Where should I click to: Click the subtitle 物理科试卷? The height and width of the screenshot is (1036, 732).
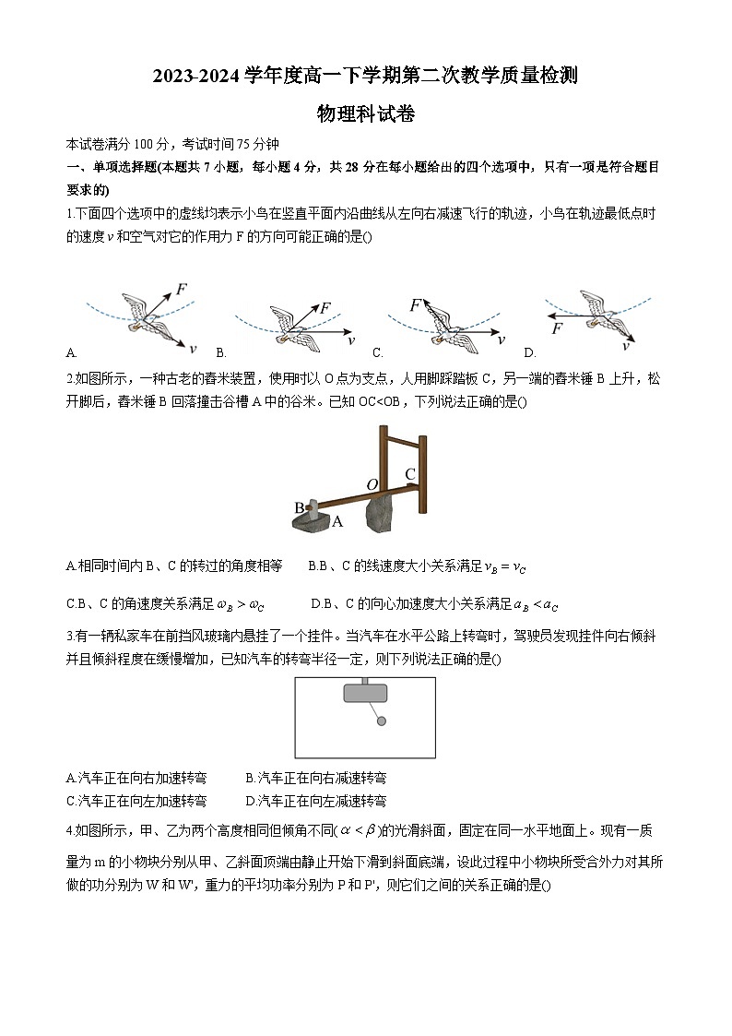[366, 114]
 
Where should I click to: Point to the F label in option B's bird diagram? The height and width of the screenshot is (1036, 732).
[325, 308]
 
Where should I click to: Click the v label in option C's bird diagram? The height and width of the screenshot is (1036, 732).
[502, 339]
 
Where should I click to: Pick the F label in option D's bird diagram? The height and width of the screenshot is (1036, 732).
[557, 328]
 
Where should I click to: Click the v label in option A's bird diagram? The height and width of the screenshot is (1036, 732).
[193, 348]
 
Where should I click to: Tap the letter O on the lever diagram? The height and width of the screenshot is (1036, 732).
[372, 484]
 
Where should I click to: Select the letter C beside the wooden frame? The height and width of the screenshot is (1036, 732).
[410, 474]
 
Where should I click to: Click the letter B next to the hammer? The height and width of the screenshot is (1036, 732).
[299, 507]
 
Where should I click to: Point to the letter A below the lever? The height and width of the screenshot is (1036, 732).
[337, 521]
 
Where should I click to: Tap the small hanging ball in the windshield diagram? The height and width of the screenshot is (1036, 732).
[382, 721]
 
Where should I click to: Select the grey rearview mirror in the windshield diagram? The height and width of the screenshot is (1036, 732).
[365, 693]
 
